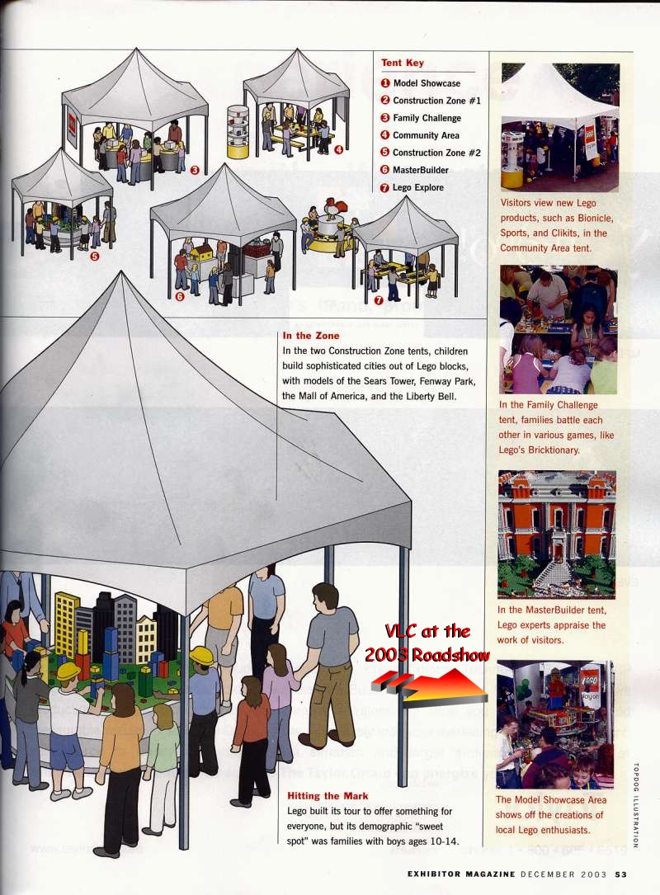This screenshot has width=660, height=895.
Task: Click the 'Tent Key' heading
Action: (403, 63)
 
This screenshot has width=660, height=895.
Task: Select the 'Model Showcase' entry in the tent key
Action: (427, 83)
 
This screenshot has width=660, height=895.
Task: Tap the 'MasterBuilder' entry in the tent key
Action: (421, 170)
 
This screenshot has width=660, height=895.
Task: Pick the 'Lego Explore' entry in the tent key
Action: (418, 187)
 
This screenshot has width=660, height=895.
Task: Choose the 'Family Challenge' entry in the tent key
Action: (427, 118)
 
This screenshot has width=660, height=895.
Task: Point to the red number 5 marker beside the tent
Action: (94, 256)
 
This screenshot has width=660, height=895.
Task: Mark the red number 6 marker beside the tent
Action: (180, 297)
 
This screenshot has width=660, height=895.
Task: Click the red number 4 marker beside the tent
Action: (338, 149)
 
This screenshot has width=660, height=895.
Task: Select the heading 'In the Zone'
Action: (310, 336)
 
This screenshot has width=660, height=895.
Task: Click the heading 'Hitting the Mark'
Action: (328, 796)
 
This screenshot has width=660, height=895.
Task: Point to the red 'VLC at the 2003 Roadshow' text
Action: (427, 643)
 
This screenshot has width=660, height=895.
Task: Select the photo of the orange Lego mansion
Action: (557, 534)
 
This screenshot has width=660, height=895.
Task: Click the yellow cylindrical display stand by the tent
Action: (238, 132)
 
